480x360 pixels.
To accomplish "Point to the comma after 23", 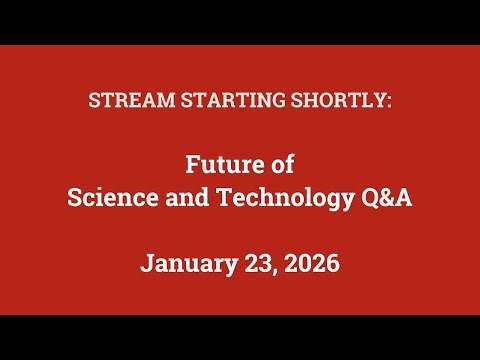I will pos(272,272).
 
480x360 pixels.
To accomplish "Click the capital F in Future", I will pos(194,163).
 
